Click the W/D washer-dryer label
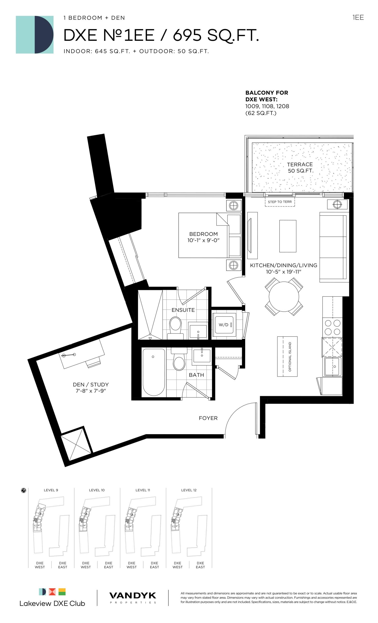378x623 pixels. click(x=223, y=325)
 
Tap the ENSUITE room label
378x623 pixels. click(x=183, y=310)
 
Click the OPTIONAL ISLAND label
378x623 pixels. click(x=290, y=357)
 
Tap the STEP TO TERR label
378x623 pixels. click(x=280, y=202)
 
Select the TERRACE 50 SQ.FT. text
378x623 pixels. click(x=300, y=168)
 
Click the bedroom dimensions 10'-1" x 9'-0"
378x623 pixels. click(x=203, y=240)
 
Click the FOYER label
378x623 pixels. click(x=208, y=418)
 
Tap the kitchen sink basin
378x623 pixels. click(x=333, y=366)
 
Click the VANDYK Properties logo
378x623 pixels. click(x=133, y=598)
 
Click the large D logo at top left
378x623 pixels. click(x=35, y=35)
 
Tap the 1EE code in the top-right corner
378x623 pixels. click(x=358, y=18)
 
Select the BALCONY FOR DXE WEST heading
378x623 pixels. click(x=267, y=96)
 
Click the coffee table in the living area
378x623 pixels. click(x=288, y=236)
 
